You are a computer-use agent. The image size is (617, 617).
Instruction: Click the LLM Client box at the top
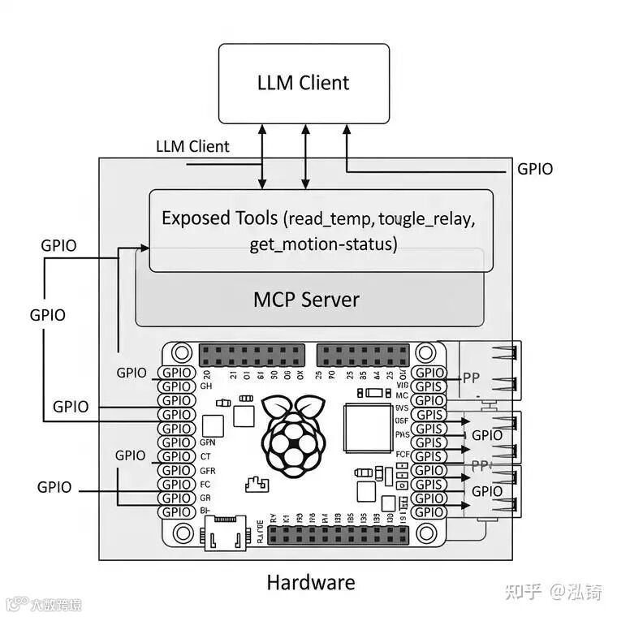pos(304,83)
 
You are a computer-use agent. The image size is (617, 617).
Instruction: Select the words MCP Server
pos(306,299)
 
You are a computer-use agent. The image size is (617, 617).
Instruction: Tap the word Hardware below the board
pos(310,582)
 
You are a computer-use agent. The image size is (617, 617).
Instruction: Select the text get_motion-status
pos(322,244)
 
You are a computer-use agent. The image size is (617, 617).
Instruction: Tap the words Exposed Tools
pos(220,218)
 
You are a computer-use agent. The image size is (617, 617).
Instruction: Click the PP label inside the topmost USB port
pos(472,377)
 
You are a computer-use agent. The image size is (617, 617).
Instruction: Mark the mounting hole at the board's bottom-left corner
pos(183,533)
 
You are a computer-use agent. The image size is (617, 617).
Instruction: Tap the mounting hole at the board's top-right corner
pos(426,354)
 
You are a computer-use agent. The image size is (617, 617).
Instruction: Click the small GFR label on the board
pos(207,470)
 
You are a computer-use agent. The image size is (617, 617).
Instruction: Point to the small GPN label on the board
pos(207,443)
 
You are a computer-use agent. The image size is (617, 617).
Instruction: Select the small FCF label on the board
pos(402,455)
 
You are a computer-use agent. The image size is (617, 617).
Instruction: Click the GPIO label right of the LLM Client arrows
pos(535,169)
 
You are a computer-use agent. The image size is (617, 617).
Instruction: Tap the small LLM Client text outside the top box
pos(192,147)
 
